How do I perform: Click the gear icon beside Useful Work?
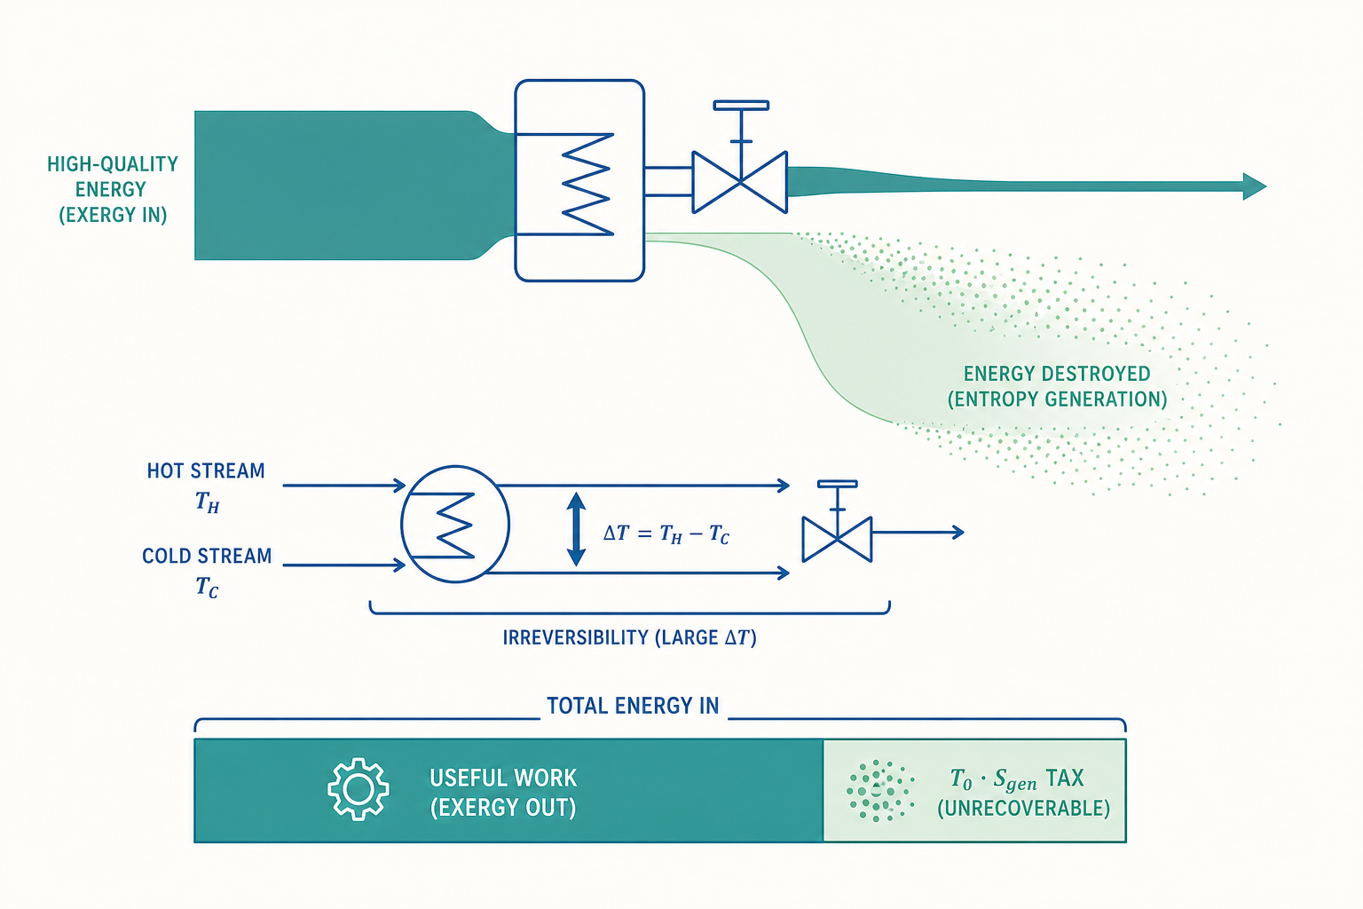358,789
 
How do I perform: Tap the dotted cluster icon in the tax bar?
880,791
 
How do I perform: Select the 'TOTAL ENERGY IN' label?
633,706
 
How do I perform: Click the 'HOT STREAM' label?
206,470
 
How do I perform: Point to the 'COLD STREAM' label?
207,556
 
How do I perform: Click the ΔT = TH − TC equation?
666,534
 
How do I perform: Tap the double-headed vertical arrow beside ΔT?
576,529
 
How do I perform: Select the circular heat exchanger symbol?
454,525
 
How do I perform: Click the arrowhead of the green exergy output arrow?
1255,186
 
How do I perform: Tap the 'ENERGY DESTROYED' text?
1057,373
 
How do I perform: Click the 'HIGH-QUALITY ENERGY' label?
113,177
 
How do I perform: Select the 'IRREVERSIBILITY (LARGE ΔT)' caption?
630,637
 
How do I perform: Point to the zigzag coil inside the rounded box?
587,184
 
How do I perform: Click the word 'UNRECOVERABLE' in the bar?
1023,808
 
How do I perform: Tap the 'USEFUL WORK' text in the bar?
503,779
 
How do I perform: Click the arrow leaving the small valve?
918,532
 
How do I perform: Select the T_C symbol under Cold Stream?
207,586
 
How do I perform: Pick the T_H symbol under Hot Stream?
207,502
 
